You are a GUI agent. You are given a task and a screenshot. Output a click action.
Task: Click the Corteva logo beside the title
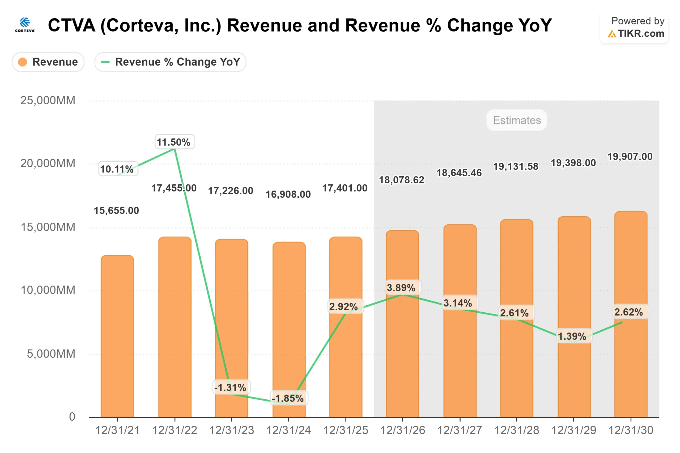pyautogui.click(x=25, y=25)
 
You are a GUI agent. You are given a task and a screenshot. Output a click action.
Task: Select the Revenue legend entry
pyautogui.click(x=48, y=62)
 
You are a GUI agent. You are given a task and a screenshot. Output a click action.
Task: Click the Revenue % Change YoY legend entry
pyautogui.click(x=170, y=62)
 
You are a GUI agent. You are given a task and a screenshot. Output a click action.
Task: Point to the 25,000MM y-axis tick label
pyautogui.click(x=48, y=101)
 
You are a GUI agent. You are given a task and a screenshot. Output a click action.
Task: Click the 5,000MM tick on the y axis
pyautogui.click(x=51, y=354)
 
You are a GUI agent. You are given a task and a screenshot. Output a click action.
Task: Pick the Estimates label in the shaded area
pyautogui.click(x=517, y=120)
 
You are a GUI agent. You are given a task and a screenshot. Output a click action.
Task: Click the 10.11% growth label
pyautogui.click(x=117, y=169)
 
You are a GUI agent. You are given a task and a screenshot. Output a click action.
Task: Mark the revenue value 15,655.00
pyautogui.click(x=116, y=210)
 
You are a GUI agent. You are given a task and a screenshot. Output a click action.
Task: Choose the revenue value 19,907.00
pyautogui.click(x=630, y=156)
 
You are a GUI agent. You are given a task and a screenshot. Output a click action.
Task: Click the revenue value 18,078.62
pyautogui.click(x=401, y=180)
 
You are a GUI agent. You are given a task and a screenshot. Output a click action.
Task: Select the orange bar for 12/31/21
pyautogui.click(x=117, y=336)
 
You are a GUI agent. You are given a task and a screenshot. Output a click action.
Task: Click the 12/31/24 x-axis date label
pyautogui.click(x=288, y=430)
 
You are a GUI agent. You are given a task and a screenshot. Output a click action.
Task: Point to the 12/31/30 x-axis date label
pyautogui.click(x=631, y=430)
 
